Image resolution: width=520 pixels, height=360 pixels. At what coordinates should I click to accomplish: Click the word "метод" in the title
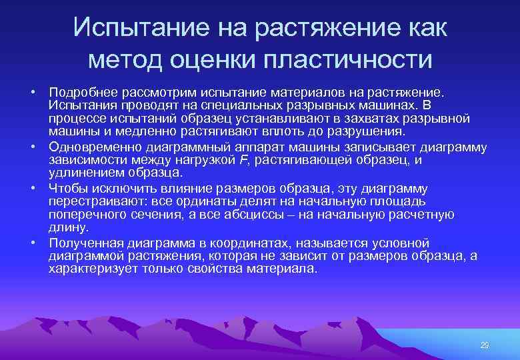[x=128, y=59]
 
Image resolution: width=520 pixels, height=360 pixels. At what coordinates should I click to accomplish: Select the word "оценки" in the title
[x=220, y=59]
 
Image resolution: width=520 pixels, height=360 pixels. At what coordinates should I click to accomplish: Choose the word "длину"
[x=63, y=228]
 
